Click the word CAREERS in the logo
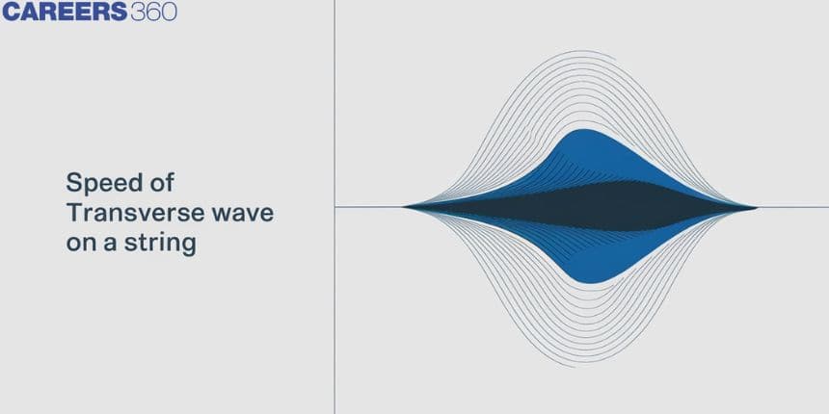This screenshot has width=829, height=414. (65, 12)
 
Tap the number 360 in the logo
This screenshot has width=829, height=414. (154, 12)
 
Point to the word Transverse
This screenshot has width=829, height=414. (135, 214)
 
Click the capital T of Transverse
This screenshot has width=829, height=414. (75, 214)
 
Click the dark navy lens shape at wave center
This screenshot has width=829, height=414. (580, 206)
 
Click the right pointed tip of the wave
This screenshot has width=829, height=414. (757, 207)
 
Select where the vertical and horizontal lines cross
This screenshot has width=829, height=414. (334, 207)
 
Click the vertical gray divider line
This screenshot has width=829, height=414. (334, 207)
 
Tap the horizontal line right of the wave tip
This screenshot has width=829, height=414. (793, 207)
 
